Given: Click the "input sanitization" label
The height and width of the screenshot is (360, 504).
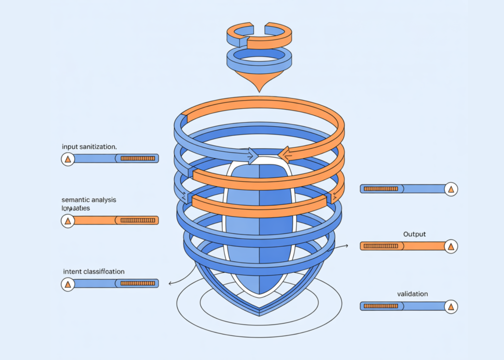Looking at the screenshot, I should (89, 147).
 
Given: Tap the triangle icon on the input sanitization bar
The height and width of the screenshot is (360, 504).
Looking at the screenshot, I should (68, 159).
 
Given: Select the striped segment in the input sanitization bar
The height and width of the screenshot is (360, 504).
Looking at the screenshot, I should (138, 159).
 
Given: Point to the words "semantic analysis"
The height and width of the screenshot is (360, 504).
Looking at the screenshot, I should (89, 200).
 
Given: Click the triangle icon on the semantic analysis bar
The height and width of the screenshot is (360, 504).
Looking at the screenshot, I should (68, 221).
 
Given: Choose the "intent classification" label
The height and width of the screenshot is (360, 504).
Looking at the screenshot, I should (94, 271).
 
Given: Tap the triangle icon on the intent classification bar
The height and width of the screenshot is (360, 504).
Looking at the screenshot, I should (68, 284).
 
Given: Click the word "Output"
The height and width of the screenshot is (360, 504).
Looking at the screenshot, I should (414, 234).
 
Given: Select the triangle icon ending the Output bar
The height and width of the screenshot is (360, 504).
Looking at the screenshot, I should (450, 246).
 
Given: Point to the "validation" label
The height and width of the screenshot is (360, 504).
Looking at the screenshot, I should (412, 294).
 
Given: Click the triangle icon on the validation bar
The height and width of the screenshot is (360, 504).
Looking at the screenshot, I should (450, 306).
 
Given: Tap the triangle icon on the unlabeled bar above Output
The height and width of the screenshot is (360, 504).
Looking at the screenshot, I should (450, 189).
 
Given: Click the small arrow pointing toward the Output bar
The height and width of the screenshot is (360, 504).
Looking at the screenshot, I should (347, 245).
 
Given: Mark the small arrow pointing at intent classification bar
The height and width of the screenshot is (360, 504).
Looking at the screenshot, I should (170, 283).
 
